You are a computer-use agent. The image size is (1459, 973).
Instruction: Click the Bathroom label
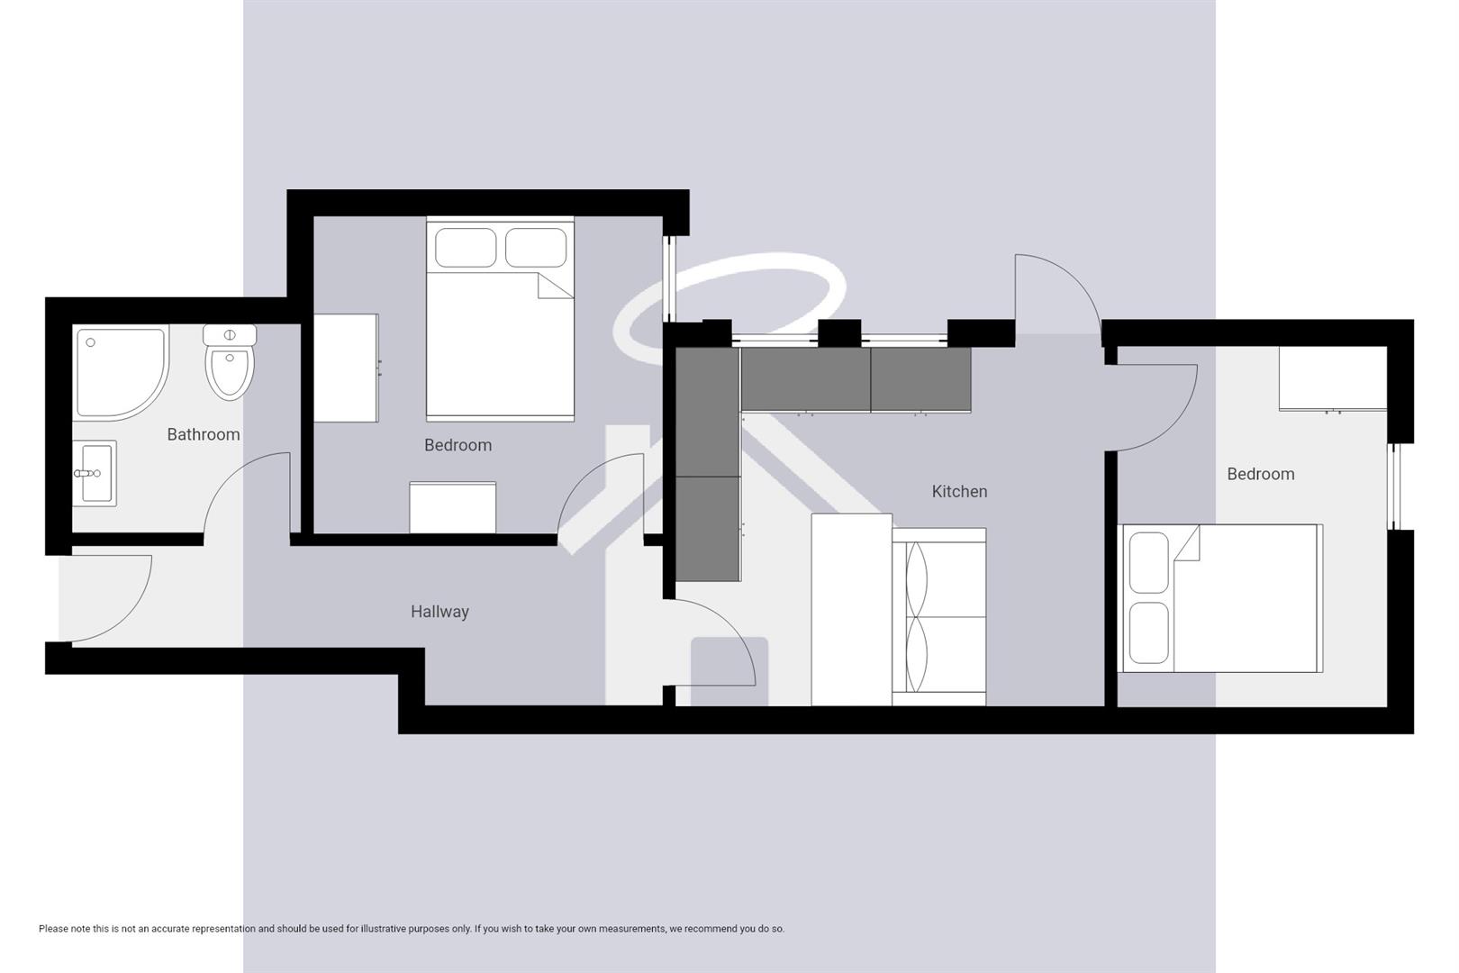(x=204, y=434)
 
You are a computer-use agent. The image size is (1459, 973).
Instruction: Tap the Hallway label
(x=440, y=612)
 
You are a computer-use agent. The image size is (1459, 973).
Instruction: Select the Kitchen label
(x=959, y=491)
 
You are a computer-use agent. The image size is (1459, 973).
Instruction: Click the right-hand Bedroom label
(x=1260, y=474)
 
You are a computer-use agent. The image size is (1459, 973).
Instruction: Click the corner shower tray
(x=121, y=373)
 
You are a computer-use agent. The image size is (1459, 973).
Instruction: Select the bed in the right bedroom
(x=1220, y=598)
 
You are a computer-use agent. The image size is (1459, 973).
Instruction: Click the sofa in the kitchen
(x=939, y=616)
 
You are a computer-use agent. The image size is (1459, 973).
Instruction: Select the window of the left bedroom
(x=669, y=279)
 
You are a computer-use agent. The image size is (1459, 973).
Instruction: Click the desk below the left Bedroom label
(x=452, y=507)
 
